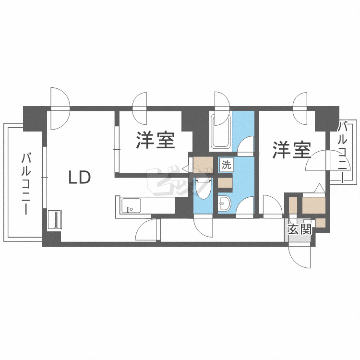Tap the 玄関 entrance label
click(300, 229)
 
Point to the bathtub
click(221, 130)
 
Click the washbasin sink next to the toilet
click(225, 204)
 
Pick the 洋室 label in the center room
click(155, 140)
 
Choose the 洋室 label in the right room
click(292, 150)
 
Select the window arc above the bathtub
click(222, 102)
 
